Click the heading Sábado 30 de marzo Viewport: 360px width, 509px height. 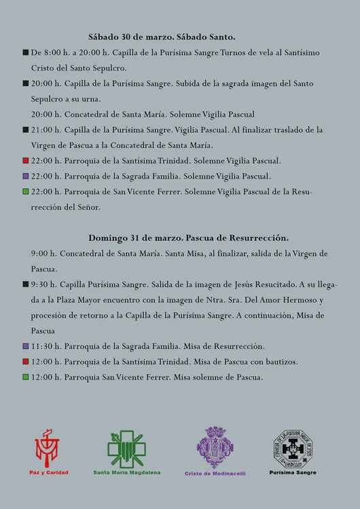click(x=162, y=37)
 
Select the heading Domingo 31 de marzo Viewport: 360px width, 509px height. click(x=188, y=238)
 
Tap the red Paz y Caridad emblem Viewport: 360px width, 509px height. click(x=48, y=448)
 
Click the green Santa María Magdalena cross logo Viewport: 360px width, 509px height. click(x=126, y=449)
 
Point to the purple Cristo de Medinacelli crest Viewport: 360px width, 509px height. click(x=215, y=448)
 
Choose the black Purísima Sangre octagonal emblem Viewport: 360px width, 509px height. click(x=292, y=448)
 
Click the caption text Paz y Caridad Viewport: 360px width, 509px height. click(x=48, y=472)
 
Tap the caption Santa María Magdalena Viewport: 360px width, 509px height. click(x=127, y=472)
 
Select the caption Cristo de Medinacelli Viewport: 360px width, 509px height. click(x=215, y=473)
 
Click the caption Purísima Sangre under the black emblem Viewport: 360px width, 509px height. click(x=293, y=472)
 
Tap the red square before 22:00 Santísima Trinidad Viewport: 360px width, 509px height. click(x=25, y=161)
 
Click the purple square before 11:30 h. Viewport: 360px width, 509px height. click(x=25, y=346)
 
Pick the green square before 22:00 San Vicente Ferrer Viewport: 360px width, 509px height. click(x=25, y=192)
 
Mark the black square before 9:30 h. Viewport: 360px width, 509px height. click(x=25, y=284)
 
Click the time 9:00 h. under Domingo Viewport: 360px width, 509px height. click(x=43, y=253)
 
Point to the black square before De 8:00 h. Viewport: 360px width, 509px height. click(x=25, y=52)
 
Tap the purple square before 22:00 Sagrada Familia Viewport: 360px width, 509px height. click(x=25, y=176)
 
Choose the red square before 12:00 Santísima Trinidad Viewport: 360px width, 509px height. click(x=25, y=362)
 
